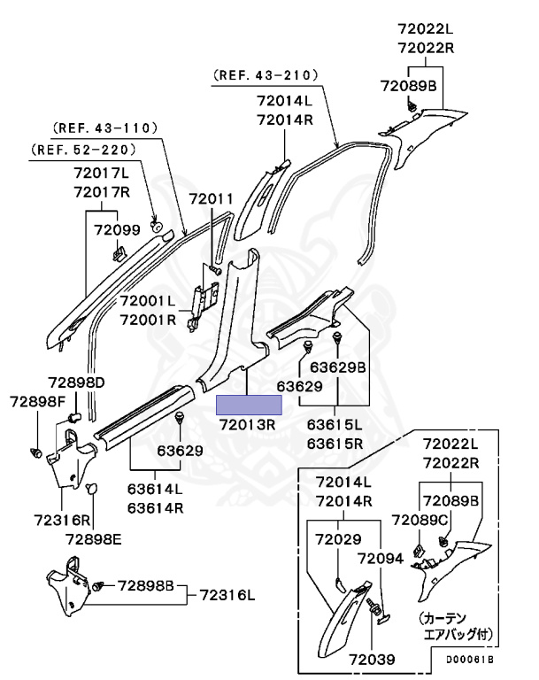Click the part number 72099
(118, 230)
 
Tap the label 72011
(212, 200)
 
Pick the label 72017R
(102, 192)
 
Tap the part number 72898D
(76, 382)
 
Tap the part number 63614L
(155, 488)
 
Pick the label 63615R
(335, 443)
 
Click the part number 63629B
(337, 366)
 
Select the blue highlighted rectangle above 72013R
(250, 406)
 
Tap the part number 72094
(381, 559)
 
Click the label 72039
(371, 660)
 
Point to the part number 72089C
(420, 520)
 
